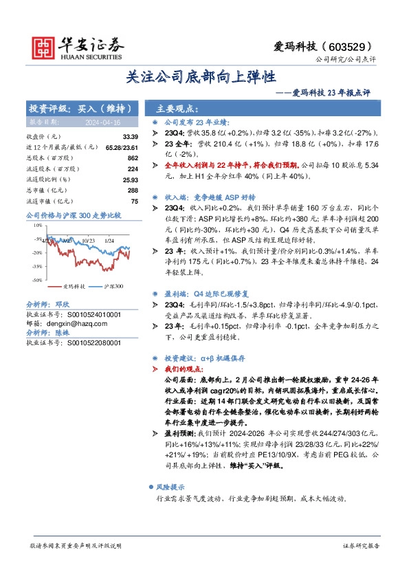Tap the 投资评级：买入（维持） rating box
(81, 109)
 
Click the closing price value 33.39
(130, 137)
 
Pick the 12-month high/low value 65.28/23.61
(122, 147)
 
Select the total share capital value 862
(133, 157)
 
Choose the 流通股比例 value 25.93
(130, 179)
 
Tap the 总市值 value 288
(133, 190)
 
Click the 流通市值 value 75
(135, 201)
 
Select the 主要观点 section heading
(177, 109)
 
